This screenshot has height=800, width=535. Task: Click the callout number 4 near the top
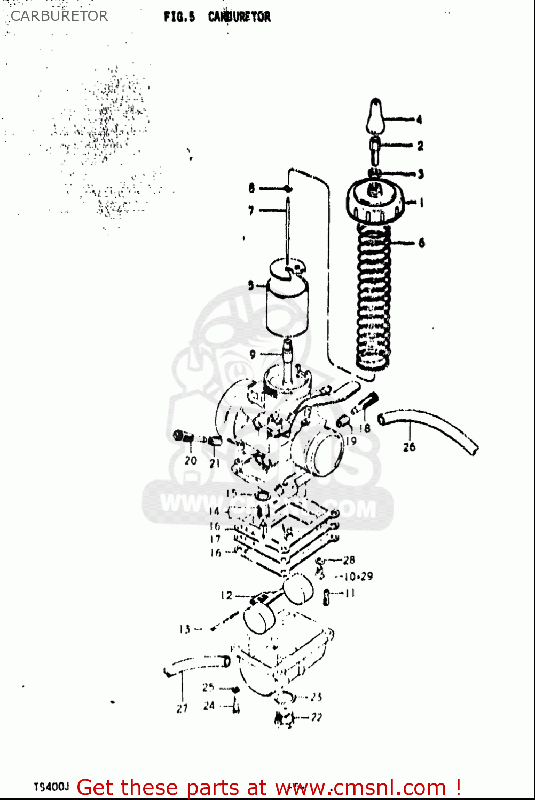pyautogui.click(x=419, y=119)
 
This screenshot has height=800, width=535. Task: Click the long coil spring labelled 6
pyautogui.click(x=373, y=297)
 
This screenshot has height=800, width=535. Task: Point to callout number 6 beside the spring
pyautogui.click(x=421, y=243)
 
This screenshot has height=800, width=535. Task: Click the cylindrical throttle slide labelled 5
pyautogui.click(x=287, y=304)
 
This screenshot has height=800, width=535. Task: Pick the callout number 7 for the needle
pyautogui.click(x=251, y=211)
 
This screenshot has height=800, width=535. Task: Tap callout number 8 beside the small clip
pyautogui.click(x=251, y=188)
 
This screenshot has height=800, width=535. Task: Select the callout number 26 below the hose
pyautogui.click(x=409, y=447)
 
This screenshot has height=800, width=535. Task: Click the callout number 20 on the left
pyautogui.click(x=191, y=460)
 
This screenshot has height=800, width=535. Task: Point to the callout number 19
pyautogui.click(x=350, y=441)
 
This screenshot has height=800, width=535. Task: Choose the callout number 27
pyautogui.click(x=182, y=708)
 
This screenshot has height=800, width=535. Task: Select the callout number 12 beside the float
pyautogui.click(x=226, y=595)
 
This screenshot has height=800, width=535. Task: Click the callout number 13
pyautogui.click(x=185, y=629)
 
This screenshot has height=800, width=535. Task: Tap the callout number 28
pyautogui.click(x=349, y=560)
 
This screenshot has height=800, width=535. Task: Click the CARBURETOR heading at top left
pyautogui.click(x=59, y=16)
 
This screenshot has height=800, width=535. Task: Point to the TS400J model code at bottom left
pyautogui.click(x=51, y=787)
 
